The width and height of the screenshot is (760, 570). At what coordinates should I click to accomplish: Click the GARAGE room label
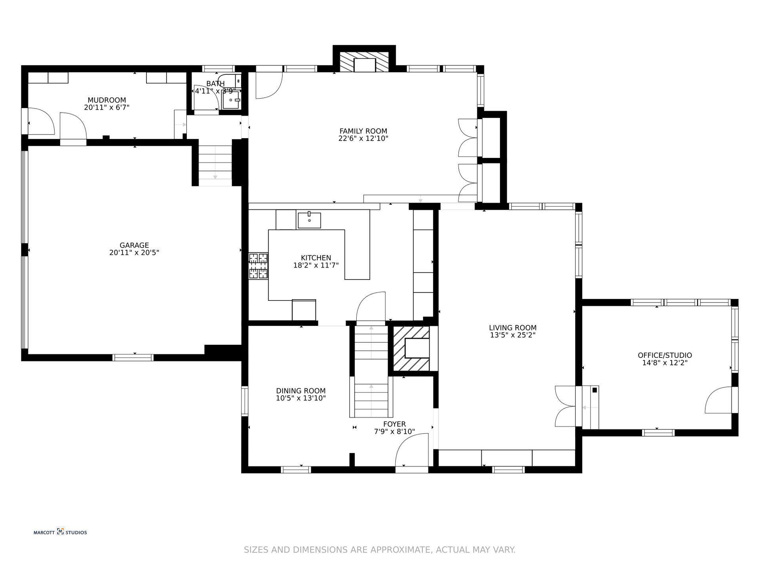(134, 245)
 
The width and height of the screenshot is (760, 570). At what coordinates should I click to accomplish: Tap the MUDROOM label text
(107, 100)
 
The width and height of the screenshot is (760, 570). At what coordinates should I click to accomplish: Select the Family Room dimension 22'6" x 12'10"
(363, 139)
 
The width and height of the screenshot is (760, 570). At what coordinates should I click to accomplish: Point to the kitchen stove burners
(258, 266)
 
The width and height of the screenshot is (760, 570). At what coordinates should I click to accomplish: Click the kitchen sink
(309, 220)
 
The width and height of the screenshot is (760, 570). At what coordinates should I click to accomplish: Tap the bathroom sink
(231, 100)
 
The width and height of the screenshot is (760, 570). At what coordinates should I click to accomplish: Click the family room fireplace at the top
(364, 62)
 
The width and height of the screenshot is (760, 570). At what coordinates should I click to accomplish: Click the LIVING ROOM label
(513, 328)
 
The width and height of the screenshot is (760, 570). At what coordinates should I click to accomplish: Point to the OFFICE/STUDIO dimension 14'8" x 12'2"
(665, 363)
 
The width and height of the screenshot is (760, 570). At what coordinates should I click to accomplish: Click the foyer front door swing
(412, 449)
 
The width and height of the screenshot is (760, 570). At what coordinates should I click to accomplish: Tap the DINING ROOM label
(301, 391)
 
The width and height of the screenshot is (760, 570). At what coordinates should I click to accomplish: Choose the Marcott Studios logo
(60, 532)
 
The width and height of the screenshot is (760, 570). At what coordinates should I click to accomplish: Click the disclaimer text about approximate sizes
(380, 550)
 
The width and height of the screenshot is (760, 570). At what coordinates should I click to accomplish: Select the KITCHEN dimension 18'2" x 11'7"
(316, 265)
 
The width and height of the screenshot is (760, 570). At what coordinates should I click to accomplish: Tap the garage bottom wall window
(133, 357)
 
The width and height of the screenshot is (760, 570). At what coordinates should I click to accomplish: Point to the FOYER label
(394, 424)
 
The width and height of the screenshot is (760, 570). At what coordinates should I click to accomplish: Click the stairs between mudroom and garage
(215, 165)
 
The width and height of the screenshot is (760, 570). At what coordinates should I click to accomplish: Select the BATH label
(215, 84)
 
